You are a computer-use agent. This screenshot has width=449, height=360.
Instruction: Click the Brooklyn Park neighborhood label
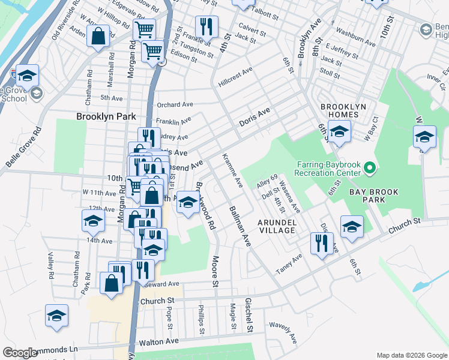[106, 116]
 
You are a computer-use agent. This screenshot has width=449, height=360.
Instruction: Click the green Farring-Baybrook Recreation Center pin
[370, 167]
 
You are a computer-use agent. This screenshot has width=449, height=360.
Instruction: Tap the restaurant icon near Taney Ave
[322, 244]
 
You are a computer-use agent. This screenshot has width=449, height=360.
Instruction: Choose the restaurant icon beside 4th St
[206, 27]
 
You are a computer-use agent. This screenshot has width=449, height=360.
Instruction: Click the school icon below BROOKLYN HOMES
[339, 133]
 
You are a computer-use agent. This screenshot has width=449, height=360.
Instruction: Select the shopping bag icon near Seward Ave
[112, 283]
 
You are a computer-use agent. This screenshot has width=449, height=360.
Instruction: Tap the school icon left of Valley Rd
[56, 316]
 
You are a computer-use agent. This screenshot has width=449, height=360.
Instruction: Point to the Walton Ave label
[159, 341]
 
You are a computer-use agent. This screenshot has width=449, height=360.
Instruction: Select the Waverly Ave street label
[283, 333]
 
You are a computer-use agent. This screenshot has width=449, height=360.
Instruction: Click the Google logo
[20, 353]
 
